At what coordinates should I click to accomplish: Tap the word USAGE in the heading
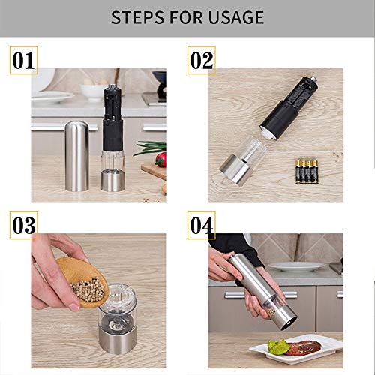(235, 17)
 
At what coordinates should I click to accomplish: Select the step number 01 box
(23, 60)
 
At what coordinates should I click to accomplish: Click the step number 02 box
(202, 60)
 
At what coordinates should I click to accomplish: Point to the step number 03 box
(23, 225)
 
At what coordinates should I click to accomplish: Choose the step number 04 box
(202, 225)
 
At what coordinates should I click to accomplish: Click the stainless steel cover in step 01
(76, 156)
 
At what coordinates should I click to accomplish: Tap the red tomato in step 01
(161, 160)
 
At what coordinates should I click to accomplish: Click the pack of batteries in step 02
(307, 172)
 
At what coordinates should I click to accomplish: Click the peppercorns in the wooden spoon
(88, 288)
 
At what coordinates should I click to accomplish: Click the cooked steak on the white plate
(304, 347)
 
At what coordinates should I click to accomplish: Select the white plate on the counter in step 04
(297, 266)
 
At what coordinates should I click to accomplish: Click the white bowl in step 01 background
(94, 91)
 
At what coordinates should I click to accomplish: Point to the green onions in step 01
(151, 148)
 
